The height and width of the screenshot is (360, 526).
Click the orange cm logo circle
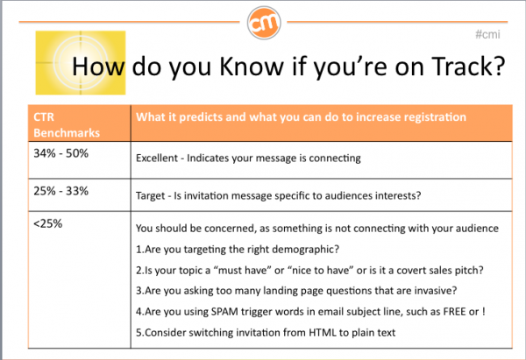[x=264, y=23]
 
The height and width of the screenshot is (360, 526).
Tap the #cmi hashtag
[x=487, y=34]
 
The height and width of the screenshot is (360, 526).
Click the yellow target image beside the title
[x=81, y=63]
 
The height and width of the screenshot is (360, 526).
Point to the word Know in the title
[x=252, y=67]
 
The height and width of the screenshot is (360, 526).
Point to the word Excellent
[x=157, y=158]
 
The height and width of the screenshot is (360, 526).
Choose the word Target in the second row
[x=151, y=195]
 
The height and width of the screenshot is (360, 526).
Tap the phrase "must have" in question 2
[x=242, y=271]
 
